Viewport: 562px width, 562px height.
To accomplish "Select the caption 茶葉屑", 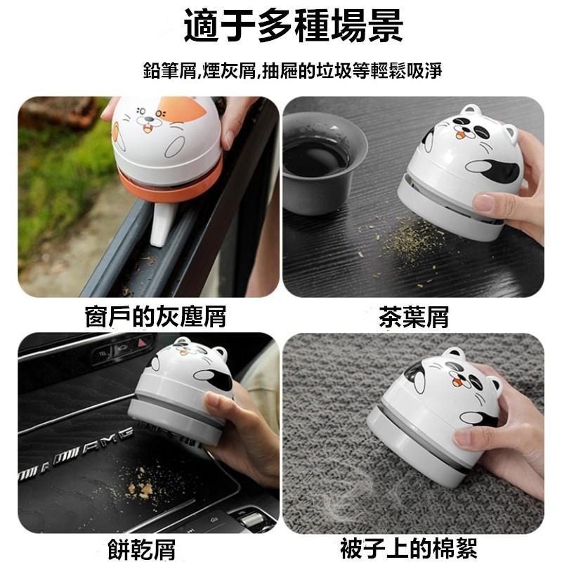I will pos(413,317).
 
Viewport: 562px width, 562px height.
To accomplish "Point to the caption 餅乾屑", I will pos(142,547).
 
